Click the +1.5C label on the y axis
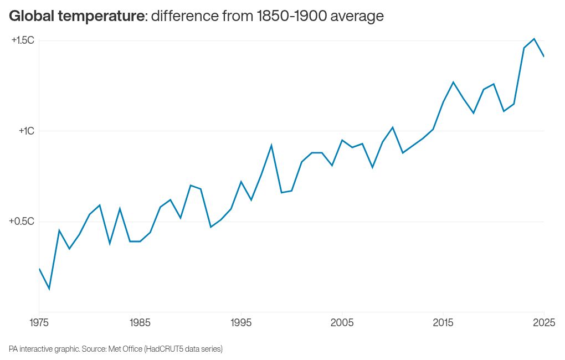pos(23,40)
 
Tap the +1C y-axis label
pos(26,131)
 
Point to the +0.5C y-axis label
pos(22,222)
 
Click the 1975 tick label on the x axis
pos(39,322)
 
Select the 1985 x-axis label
pos(140,322)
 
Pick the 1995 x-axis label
pos(240,322)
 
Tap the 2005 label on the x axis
pos(342,322)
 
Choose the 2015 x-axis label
pos(443,322)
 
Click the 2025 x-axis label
pos(543,322)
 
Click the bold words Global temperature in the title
pos(76,17)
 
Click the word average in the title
pos(357,17)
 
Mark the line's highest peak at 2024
pos(533,39)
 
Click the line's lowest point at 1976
pos(49,289)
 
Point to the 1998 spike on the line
pos(271,145)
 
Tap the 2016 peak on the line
pos(453,82)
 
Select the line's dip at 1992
pos(210,227)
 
